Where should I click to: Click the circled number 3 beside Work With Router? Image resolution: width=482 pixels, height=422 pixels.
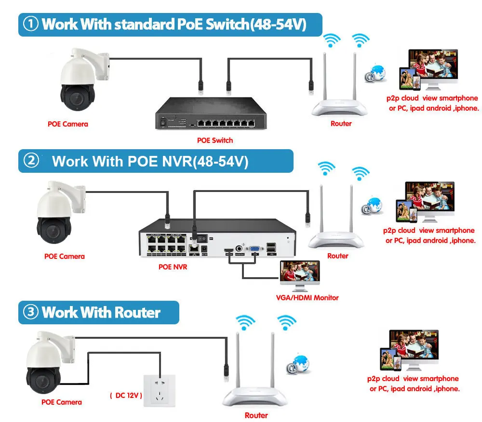click(x=31, y=312)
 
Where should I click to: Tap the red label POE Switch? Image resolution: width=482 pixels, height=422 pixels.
click(x=215, y=141)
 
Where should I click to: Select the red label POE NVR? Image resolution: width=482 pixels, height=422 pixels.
click(x=173, y=267)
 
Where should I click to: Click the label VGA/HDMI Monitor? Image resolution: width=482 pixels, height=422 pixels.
click(x=307, y=298)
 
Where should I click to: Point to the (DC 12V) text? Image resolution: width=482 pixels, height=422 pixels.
click(x=126, y=396)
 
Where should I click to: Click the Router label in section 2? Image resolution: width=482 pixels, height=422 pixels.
click(x=337, y=256)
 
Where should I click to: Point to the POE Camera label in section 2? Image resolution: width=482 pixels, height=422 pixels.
click(x=64, y=256)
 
